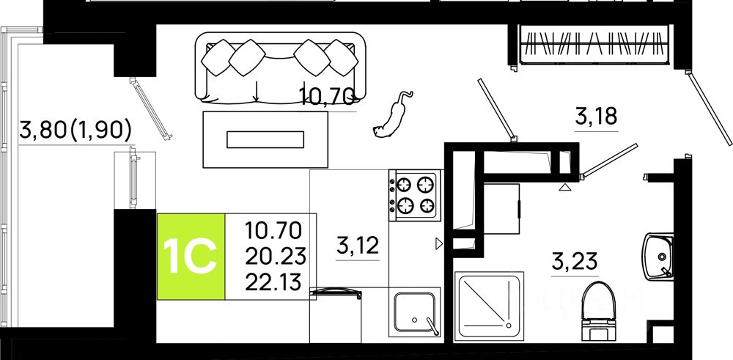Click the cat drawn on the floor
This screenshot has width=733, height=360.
[x=392, y=117]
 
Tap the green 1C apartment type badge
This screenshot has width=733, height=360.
[x=191, y=256]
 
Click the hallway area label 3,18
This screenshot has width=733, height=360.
[x=597, y=116]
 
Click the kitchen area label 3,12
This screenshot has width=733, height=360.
[x=357, y=244]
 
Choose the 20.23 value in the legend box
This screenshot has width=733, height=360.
[x=273, y=256]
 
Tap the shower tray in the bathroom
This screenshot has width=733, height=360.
[x=489, y=306]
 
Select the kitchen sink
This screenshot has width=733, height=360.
[x=415, y=311]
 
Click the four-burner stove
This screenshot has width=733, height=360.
[x=414, y=195]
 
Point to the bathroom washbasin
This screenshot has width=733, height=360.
[x=659, y=257]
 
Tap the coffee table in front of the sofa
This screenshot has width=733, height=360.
[x=265, y=139]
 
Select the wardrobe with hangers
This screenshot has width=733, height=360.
[x=594, y=44]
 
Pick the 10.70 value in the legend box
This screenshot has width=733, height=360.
[x=273, y=231]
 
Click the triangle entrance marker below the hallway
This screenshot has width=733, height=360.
[x=565, y=188]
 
